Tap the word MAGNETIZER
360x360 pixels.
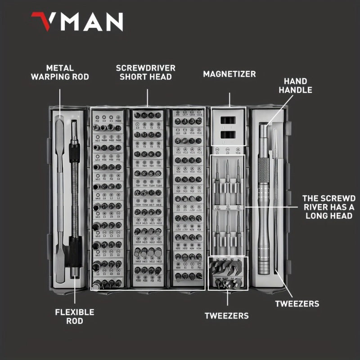(229, 73)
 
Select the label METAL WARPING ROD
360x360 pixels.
(60, 72)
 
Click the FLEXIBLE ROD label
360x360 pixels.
(75, 316)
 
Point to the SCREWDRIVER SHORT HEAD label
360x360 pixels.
(146, 72)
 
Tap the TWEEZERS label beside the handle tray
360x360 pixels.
(297, 304)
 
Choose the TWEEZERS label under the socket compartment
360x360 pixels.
(226, 316)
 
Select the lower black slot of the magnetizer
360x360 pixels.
(229, 135)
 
